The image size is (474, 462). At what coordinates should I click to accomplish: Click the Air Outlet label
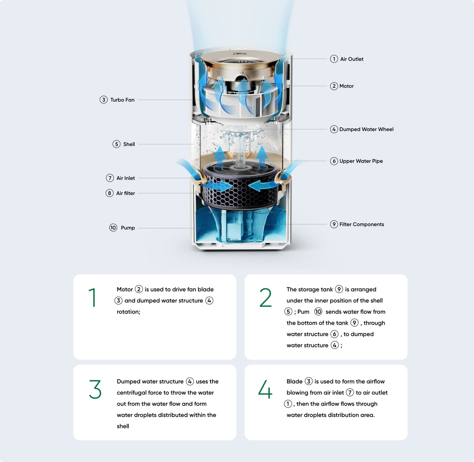pyautogui.click(x=352, y=59)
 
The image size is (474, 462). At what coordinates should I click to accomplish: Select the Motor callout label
pyautogui.click(x=346, y=86)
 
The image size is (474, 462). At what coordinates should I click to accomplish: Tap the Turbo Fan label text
pyautogui.click(x=122, y=100)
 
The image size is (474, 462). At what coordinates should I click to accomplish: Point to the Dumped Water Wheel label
pyautogui.click(x=366, y=129)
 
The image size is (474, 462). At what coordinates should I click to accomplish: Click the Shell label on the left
pyautogui.click(x=129, y=144)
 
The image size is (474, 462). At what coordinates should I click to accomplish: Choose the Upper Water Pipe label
pyautogui.click(x=361, y=161)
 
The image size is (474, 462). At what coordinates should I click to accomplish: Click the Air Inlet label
pyautogui.click(x=126, y=178)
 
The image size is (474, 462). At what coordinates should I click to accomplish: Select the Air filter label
pyautogui.click(x=125, y=193)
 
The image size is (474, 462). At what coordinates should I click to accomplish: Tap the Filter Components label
pyautogui.click(x=361, y=224)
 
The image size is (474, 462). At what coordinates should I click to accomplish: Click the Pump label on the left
pyautogui.click(x=128, y=228)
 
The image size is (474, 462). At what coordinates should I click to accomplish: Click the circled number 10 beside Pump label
pyautogui.click(x=113, y=228)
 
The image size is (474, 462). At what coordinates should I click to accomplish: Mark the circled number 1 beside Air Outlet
pyautogui.click(x=334, y=59)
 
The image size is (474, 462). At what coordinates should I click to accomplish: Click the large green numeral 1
pyautogui.click(x=92, y=297)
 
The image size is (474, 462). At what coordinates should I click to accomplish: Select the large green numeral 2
pyautogui.click(x=265, y=297)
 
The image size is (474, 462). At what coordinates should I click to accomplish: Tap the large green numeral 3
pyautogui.click(x=95, y=389)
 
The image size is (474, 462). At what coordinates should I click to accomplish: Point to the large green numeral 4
pyautogui.click(x=265, y=389)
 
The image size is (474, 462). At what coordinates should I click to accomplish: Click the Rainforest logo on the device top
pyautogui.click(x=240, y=54)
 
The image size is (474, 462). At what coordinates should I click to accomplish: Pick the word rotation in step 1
pyautogui.click(x=128, y=312)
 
